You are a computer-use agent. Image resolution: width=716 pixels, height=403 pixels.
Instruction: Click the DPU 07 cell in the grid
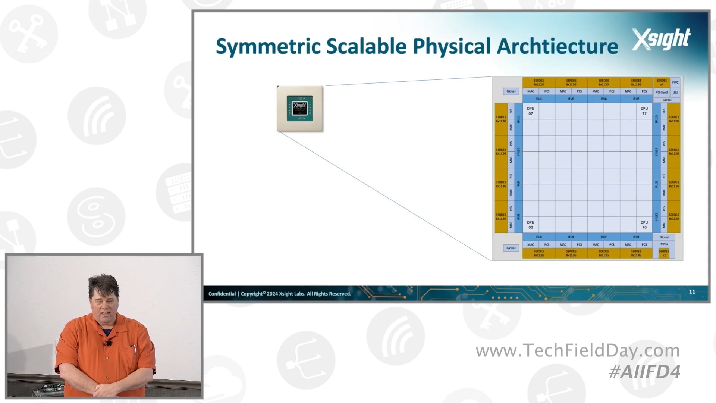pyautogui.click(x=530, y=111)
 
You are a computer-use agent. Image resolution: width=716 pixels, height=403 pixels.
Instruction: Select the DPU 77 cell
pyautogui.click(x=644, y=111)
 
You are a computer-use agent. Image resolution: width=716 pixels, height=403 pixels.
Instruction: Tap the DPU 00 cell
pyautogui.click(x=530, y=225)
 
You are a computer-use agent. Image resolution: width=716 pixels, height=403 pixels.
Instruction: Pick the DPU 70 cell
pyautogui.click(x=644, y=225)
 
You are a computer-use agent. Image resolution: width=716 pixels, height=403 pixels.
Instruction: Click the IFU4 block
pyautogui.click(x=538, y=99)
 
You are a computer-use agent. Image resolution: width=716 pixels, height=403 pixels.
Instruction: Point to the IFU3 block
pyautogui.click(x=636, y=237)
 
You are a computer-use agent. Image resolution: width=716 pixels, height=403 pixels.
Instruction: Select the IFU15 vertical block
pyautogui.click(x=656, y=119)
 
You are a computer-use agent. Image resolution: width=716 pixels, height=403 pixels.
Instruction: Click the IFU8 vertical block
pyautogui.click(x=518, y=216)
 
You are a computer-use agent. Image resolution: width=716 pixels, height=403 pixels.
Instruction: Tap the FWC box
pyautogui.click(x=675, y=82)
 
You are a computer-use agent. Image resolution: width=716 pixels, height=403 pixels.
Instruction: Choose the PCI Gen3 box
pyautogui.click(x=662, y=92)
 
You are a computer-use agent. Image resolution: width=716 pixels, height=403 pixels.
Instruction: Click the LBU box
pyautogui.click(x=675, y=92)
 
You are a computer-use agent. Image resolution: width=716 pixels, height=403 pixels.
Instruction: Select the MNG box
pyautogui.click(x=664, y=244)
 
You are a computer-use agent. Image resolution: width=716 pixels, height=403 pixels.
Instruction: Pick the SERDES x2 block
pyautogui.click(x=664, y=253)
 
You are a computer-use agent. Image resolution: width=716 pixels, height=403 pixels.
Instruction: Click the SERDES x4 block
pyautogui.click(x=662, y=82)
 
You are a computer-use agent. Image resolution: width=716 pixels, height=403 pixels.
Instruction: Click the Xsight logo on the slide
pyautogui.click(x=661, y=39)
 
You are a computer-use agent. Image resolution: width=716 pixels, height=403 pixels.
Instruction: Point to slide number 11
pyautogui.click(x=692, y=292)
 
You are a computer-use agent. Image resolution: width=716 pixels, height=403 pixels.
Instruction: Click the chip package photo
pyautogui.click(x=300, y=109)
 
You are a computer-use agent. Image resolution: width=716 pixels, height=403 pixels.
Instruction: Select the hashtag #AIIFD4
pyautogui.click(x=644, y=372)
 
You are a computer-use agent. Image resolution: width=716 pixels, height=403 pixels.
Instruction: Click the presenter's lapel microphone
pyautogui.click(x=108, y=343)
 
